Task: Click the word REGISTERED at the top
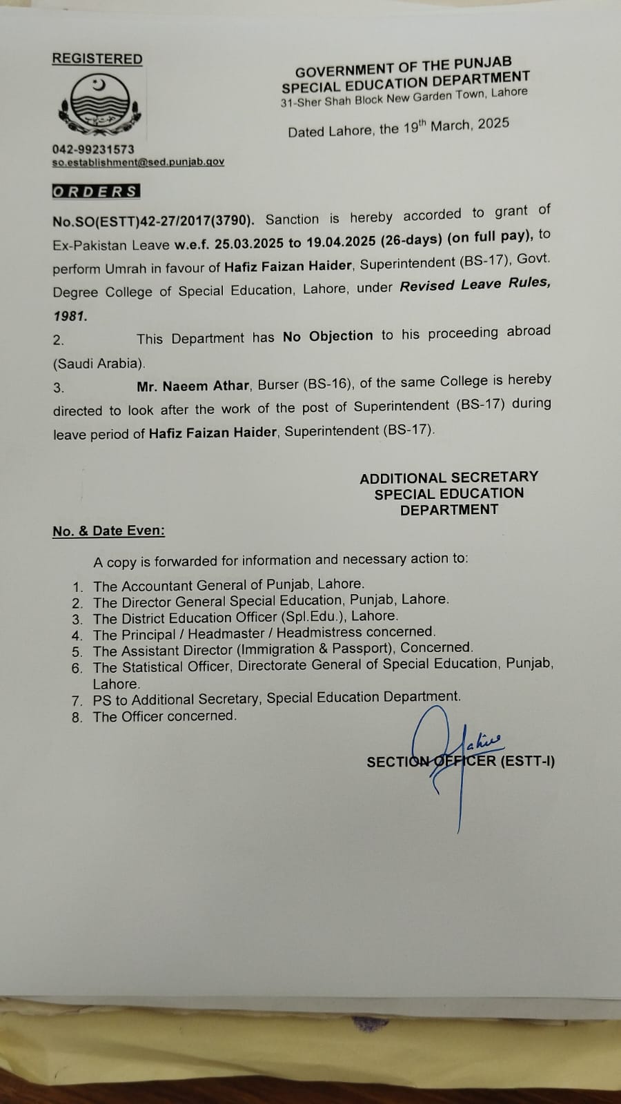coord(97,59)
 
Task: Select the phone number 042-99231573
coord(93,149)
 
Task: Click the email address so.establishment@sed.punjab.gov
coord(138,162)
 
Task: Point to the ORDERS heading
coord(96,192)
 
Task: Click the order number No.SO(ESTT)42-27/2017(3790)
coord(153,221)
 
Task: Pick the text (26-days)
coord(409,239)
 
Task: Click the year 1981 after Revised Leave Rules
coord(70,317)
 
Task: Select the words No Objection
coord(328,336)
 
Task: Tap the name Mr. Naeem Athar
coord(193,386)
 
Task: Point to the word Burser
coord(277,384)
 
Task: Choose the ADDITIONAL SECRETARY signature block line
coord(448,477)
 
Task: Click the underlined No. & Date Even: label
coord(108,531)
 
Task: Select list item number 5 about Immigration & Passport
coord(283,649)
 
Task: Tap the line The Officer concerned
coord(165,716)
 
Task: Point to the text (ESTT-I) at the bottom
coord(528,762)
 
